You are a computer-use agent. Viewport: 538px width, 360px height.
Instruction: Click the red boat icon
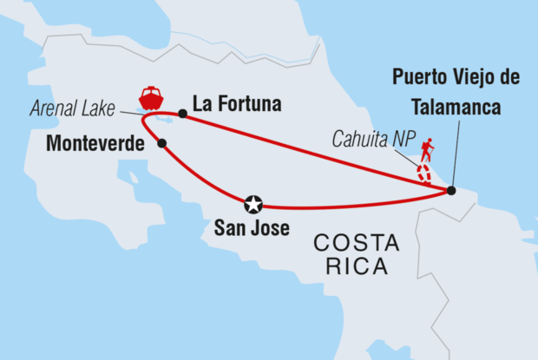(152, 97)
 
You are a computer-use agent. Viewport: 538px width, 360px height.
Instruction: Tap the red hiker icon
(426, 151)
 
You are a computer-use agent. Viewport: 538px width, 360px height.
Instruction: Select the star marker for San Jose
(253, 205)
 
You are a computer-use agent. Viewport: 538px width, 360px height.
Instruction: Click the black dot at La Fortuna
(182, 114)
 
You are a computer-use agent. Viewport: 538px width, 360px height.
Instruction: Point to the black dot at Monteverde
(162, 144)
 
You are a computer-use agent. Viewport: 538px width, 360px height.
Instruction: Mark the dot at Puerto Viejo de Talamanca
(450, 190)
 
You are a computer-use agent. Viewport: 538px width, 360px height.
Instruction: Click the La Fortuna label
(237, 104)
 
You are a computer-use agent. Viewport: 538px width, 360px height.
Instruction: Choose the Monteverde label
(95, 145)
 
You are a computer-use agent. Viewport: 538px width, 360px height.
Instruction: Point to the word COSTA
(357, 244)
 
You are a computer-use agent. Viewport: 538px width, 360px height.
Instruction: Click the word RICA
(357, 266)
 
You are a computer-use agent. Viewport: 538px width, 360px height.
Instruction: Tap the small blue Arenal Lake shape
(165, 121)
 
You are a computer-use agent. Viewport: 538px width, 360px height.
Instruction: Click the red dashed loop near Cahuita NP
(424, 171)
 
